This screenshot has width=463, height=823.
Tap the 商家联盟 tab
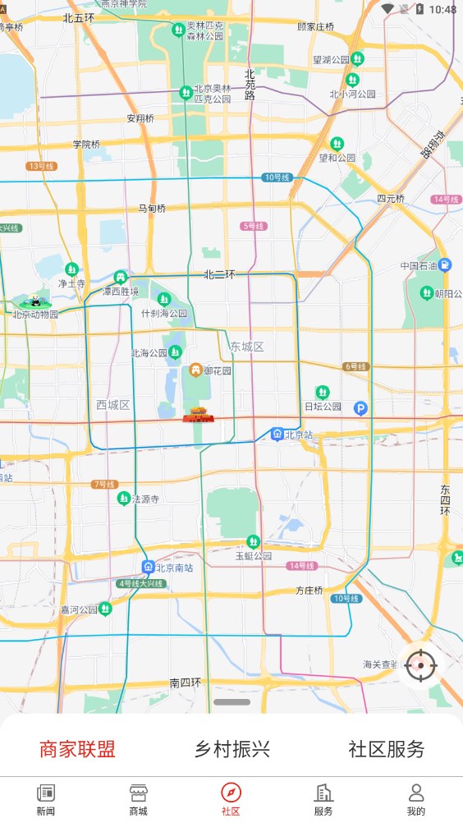[x=77, y=749]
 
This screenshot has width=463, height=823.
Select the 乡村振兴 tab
[x=232, y=749]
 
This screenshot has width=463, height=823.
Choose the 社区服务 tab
[x=387, y=749]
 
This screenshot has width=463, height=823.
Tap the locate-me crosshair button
[x=421, y=664]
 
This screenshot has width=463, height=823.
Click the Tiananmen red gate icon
[x=198, y=415]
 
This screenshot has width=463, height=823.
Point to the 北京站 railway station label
[x=299, y=434]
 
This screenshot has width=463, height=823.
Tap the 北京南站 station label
[x=174, y=567]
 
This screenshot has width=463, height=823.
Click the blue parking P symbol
[x=360, y=407]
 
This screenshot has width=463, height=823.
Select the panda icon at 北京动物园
[x=31, y=301]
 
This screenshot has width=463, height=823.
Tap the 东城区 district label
[x=247, y=347]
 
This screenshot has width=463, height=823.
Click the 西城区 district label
[x=113, y=405]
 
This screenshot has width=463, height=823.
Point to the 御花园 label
[x=218, y=370]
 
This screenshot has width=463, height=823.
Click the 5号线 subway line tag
[x=253, y=226]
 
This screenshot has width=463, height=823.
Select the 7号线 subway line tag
[x=103, y=485]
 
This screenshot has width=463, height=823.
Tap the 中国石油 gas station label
[x=421, y=266]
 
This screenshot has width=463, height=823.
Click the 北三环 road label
[x=219, y=274]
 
